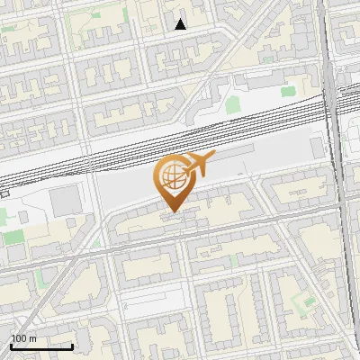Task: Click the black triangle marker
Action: tap(180, 24)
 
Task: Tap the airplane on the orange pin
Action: tap(198, 166)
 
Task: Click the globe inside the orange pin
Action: tap(171, 177)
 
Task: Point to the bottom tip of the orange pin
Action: tap(172, 212)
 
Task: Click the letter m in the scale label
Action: tap(32, 338)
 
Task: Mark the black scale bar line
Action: tap(41, 346)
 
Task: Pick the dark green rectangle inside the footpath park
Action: tap(14, 238)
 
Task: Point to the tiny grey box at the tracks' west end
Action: tap(4, 192)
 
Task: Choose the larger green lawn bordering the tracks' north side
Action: tap(233, 105)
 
